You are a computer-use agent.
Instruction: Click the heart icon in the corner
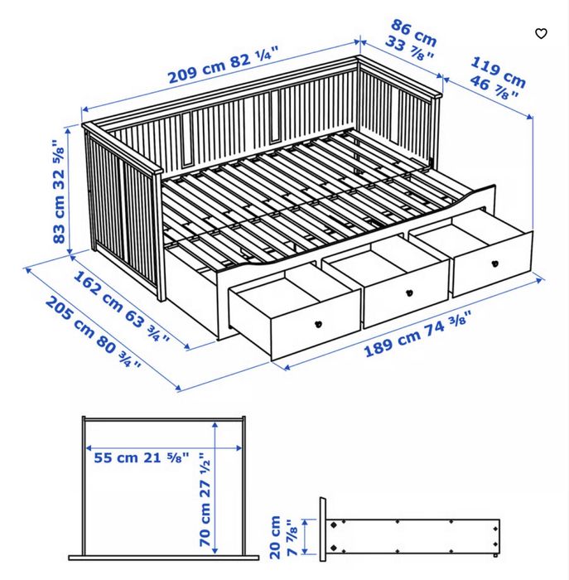click(541, 34)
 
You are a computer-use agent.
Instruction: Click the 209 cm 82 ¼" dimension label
click(223, 65)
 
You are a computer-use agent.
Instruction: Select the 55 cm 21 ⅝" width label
click(142, 457)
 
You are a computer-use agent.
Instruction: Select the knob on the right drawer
click(494, 263)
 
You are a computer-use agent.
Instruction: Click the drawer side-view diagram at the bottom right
click(411, 535)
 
